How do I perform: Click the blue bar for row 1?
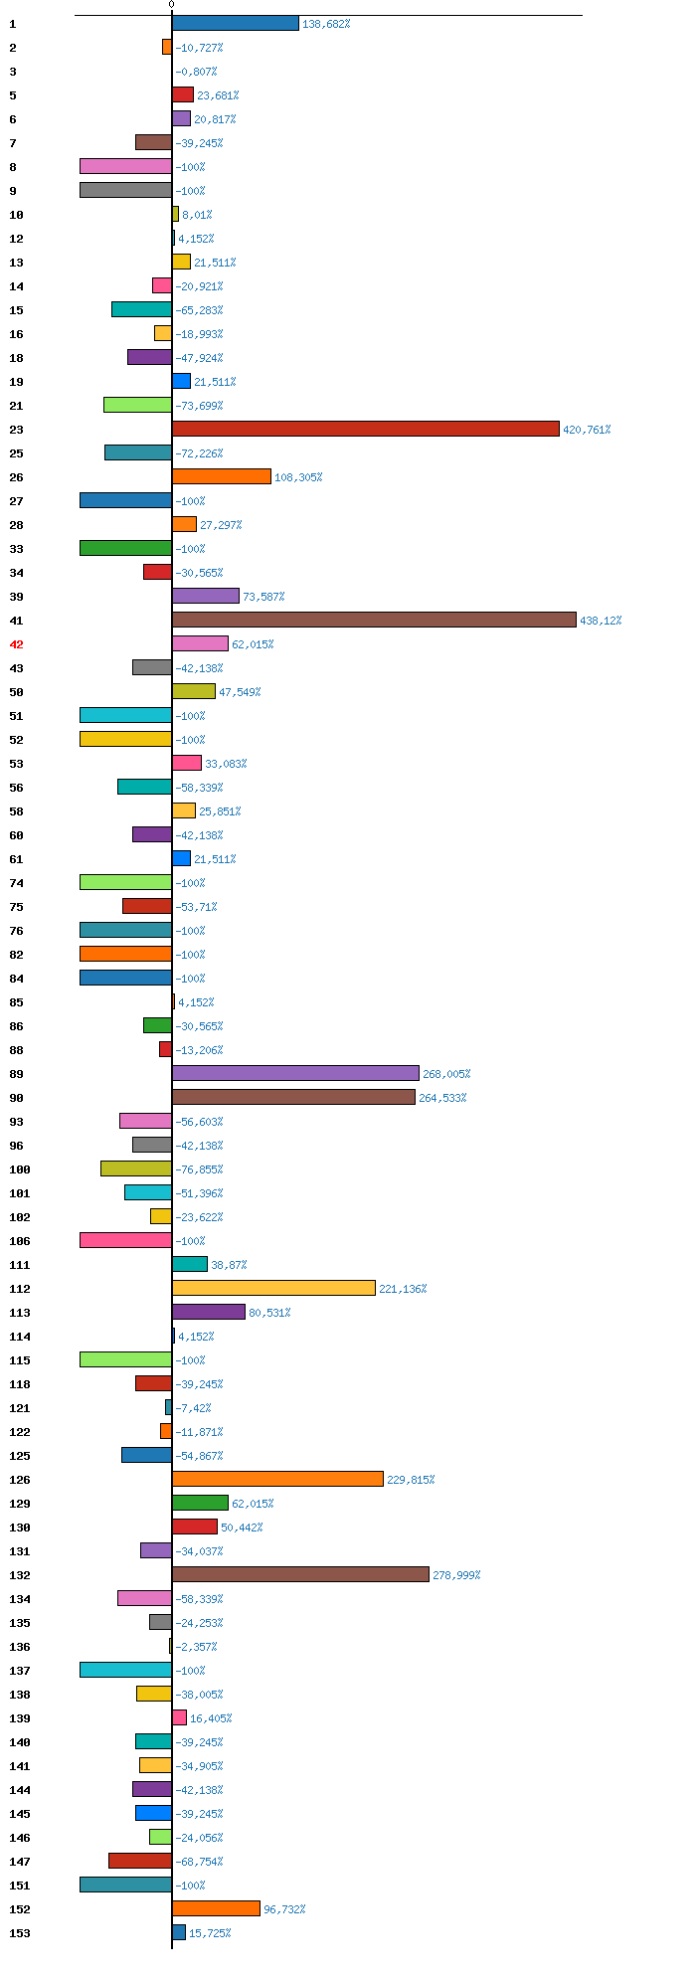tap(235, 23)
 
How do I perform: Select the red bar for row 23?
tap(365, 429)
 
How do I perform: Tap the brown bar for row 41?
tap(374, 620)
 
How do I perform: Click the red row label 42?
tap(16, 644)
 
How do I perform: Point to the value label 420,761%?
tap(587, 430)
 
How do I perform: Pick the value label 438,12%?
tap(601, 621)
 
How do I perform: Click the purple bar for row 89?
tap(295, 1073)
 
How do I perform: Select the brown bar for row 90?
tap(293, 1097)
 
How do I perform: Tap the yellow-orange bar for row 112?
tap(273, 1288)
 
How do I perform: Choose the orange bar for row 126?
tap(277, 1479)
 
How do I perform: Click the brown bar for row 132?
tap(300, 1574)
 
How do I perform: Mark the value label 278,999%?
tap(456, 1575)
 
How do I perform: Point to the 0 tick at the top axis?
tap(171, 5)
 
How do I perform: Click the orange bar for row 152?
tap(216, 1908)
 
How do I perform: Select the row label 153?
tap(20, 1933)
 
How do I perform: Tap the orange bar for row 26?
tap(221, 476)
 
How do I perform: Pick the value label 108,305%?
tap(298, 477)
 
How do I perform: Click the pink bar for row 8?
tap(125, 166)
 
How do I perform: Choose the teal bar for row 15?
tap(141, 309)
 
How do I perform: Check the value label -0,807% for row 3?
tap(196, 72)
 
